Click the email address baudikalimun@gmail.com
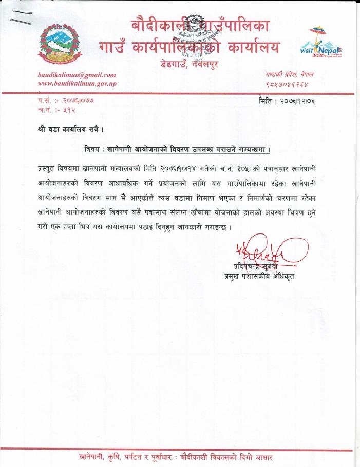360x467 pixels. (x=77, y=75)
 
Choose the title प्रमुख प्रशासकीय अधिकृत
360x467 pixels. (x=259, y=277)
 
